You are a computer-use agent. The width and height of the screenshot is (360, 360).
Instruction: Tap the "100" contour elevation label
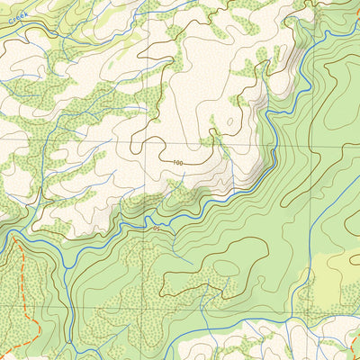[176, 162]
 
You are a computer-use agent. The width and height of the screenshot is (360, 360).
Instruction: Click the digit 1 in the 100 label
[172, 162]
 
